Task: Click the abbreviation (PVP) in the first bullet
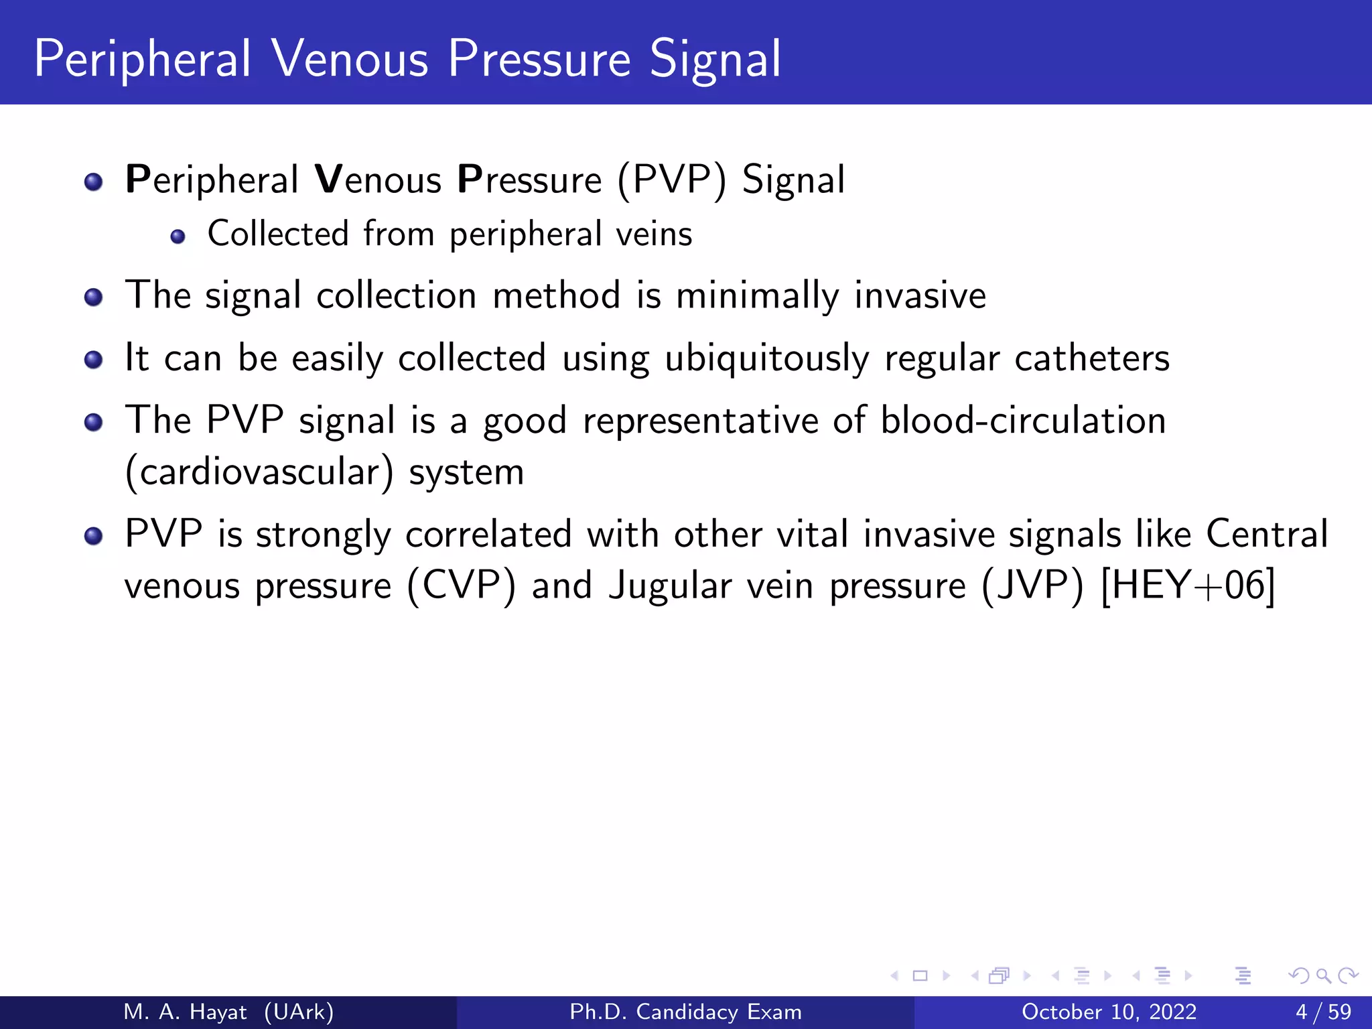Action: [671, 180]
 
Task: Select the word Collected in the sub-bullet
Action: [278, 234]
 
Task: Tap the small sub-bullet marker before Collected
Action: [178, 236]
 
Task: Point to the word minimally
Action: [757, 296]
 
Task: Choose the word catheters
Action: [1092, 358]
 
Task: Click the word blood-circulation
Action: [1023, 421]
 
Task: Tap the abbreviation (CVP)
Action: [462, 586]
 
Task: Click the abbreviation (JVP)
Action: [1032, 586]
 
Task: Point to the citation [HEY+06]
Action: [1188, 586]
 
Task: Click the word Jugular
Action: [670, 586]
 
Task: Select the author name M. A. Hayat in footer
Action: [185, 1012]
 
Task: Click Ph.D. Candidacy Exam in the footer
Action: [685, 1012]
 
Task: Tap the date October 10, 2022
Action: [1109, 1012]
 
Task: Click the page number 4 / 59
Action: [1323, 1012]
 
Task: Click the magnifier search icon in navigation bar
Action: [1323, 975]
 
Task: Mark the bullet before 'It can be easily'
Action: [94, 360]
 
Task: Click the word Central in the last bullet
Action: [1267, 535]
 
